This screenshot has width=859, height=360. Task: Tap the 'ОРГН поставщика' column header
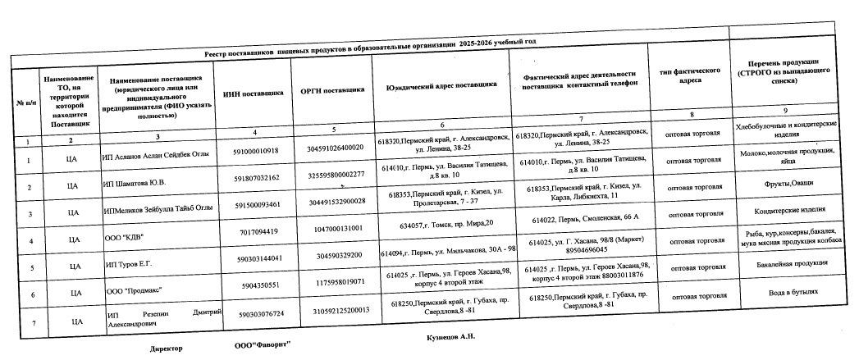[x=332, y=91]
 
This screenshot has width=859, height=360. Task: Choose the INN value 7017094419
[x=261, y=232]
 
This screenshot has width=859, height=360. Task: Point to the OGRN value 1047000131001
[x=334, y=229]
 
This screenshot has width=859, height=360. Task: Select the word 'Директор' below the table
[x=166, y=349]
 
